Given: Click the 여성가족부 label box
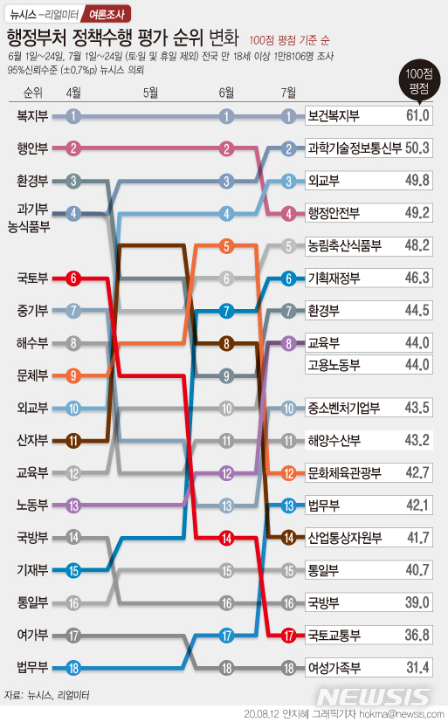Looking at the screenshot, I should [x=334, y=668].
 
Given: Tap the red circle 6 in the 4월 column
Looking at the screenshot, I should [x=74, y=278].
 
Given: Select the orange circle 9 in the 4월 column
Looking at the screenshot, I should [x=74, y=375].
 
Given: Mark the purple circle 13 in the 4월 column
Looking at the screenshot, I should [x=74, y=505].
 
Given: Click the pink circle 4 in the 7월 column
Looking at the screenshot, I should [x=289, y=212].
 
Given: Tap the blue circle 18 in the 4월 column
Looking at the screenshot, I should [x=74, y=668].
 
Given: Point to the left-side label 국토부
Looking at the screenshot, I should [x=32, y=278].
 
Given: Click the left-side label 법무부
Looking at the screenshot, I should [x=32, y=668].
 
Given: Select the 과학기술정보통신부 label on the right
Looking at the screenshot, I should [x=355, y=148].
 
